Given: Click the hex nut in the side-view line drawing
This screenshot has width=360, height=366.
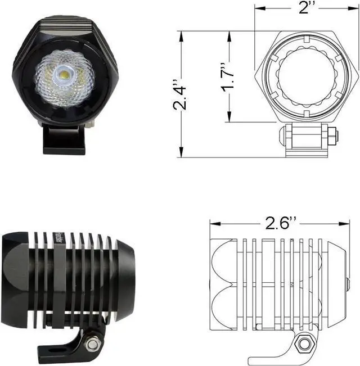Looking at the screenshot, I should [x=305, y=342].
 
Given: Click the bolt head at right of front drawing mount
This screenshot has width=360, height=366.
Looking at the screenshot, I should [x=333, y=134].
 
